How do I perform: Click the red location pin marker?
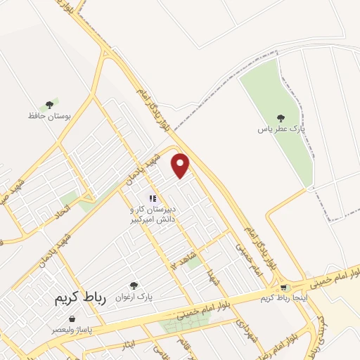point(181,165)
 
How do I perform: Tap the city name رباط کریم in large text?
point(79,298)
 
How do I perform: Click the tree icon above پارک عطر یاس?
point(281,118)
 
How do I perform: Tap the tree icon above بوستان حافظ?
point(49,104)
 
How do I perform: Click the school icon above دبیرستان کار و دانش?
point(153,199)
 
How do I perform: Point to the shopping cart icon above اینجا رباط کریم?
point(283,288)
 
